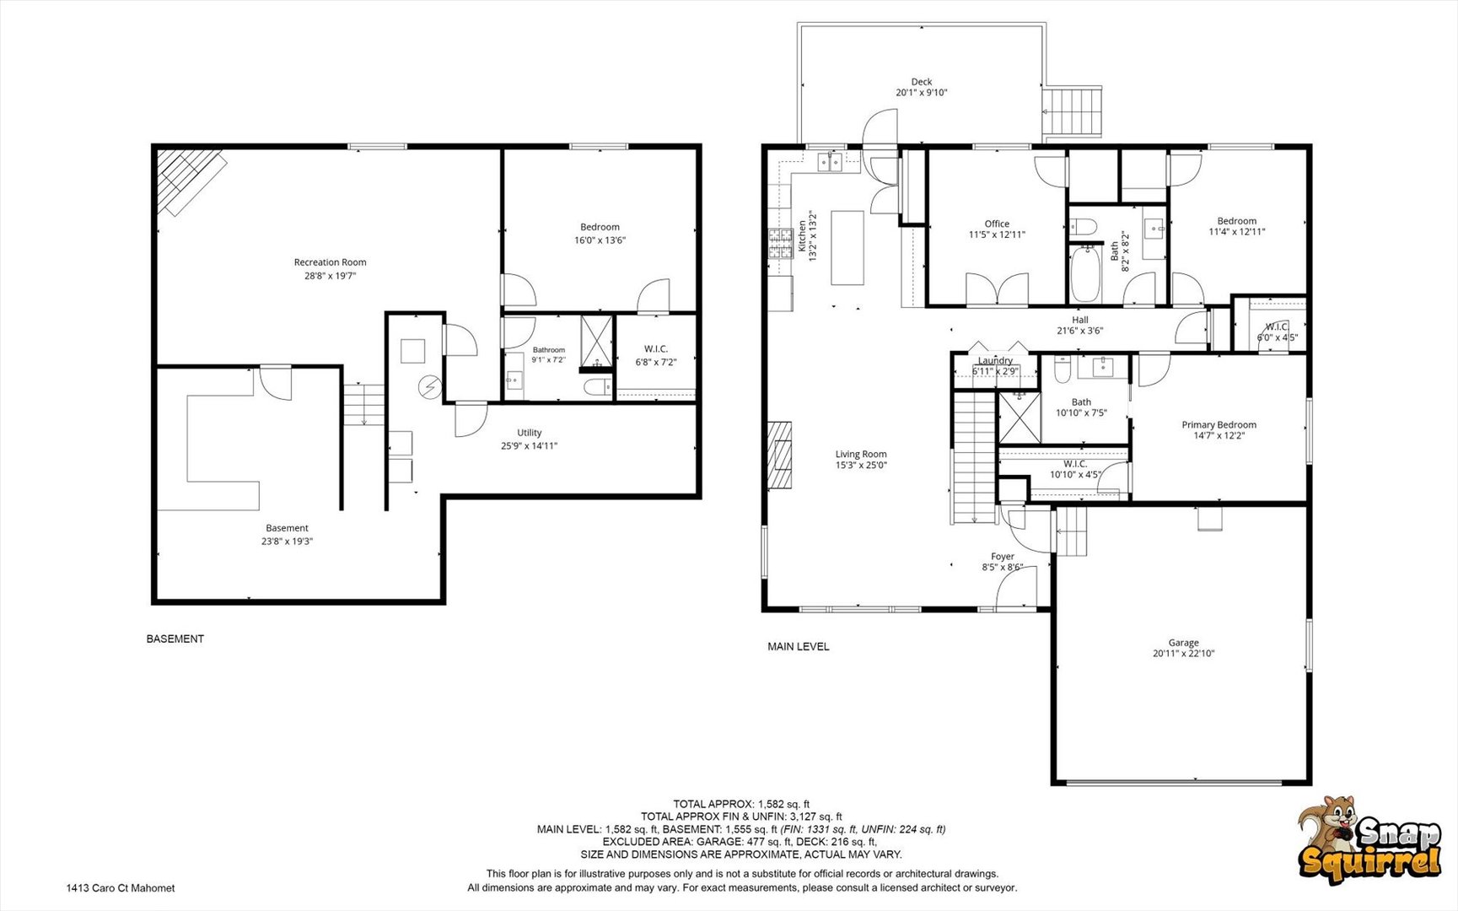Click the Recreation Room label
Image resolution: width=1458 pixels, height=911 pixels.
coord(330,262)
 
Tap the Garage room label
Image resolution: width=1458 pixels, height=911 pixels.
coord(1183,643)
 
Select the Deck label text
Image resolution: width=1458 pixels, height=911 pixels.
coord(922,82)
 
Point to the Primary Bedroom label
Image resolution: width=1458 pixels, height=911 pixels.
coord(1219,425)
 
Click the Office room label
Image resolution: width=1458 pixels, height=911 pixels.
coord(997,224)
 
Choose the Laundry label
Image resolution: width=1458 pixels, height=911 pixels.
coord(995,361)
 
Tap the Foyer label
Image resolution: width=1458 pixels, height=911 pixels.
coord(1003,557)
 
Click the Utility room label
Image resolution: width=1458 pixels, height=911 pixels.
coord(530,433)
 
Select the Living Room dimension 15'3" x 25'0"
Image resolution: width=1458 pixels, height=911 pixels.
coord(861,465)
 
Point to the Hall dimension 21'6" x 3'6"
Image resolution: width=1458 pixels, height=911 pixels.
coord(1080,331)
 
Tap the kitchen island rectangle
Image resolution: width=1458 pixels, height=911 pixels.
coord(847,248)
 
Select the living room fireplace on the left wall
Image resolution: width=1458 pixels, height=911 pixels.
coord(780,455)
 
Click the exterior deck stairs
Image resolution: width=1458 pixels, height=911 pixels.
coord(1073,111)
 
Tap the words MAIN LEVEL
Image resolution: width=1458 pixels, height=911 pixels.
coord(798,647)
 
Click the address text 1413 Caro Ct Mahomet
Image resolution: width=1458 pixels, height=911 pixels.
coord(121,888)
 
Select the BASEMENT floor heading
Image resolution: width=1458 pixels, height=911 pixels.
coord(175,639)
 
